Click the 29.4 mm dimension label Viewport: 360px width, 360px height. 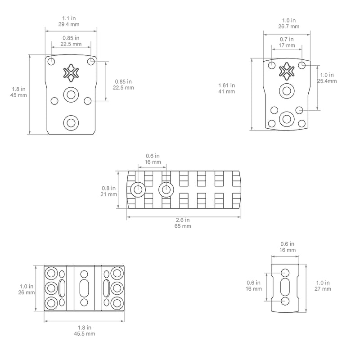coord(69,24)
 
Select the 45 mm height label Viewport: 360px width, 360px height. coord(18,95)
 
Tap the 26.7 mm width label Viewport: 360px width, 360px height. coord(289,27)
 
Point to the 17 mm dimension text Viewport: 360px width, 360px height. coord(287,45)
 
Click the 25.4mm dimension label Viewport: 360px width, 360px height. coord(327,81)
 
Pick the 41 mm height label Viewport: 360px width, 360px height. coord(227,91)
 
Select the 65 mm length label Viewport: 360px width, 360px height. coord(183,226)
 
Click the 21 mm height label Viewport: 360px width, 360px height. coord(108,194)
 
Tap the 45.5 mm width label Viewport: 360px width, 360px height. coord(84,333)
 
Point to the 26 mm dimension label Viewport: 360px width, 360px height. coord(27,292)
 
